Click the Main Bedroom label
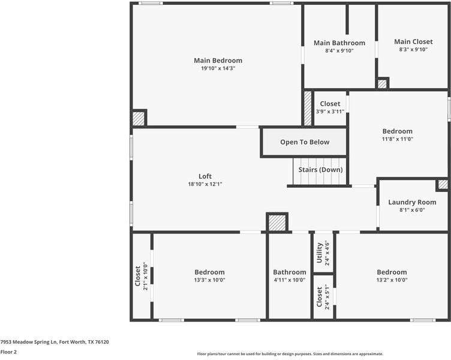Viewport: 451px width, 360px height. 218,61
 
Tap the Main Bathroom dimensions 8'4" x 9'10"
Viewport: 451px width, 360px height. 339,51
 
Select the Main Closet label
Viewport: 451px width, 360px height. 413,42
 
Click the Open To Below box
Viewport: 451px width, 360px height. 304,142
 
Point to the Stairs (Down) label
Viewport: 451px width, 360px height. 320,170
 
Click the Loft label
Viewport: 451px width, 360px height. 205,176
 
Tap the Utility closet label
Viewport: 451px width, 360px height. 320,253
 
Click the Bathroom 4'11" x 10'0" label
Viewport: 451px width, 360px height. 289,272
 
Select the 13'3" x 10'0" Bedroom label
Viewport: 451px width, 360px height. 209,272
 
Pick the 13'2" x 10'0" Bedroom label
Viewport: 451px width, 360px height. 391,272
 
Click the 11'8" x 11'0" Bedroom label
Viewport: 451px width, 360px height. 397,131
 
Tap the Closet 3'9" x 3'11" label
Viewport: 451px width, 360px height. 330,104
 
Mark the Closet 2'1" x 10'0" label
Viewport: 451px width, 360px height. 137,276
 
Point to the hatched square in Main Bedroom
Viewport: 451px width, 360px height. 139,118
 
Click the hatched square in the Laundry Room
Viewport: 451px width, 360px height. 442,185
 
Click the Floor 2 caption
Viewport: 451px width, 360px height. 8,352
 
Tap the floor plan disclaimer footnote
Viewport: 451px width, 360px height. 290,354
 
